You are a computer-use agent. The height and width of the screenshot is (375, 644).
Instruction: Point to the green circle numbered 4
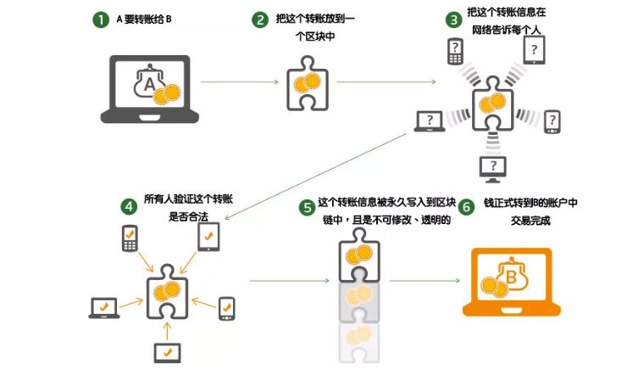(127, 205)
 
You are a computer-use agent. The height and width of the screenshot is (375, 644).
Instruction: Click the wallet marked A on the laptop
(149, 83)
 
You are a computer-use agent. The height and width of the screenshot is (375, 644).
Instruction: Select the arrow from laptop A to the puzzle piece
(242, 82)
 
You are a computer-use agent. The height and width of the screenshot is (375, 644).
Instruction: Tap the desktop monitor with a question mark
(492, 169)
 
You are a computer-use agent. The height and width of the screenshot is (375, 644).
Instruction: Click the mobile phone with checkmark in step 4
(129, 238)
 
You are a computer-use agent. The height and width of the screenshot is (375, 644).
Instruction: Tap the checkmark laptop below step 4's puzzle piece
(166, 350)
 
